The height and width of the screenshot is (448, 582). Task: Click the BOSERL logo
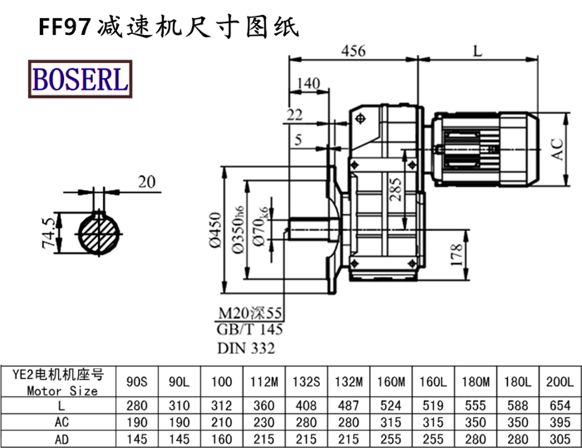click(79, 79)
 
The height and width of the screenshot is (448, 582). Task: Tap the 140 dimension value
click(308, 84)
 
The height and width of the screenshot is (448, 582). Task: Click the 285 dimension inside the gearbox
click(394, 190)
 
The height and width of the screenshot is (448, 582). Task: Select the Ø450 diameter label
click(216, 230)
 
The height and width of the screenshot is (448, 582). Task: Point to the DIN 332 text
click(247, 348)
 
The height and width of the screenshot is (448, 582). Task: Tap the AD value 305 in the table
click(560, 439)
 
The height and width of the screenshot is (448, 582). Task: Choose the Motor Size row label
click(61, 391)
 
